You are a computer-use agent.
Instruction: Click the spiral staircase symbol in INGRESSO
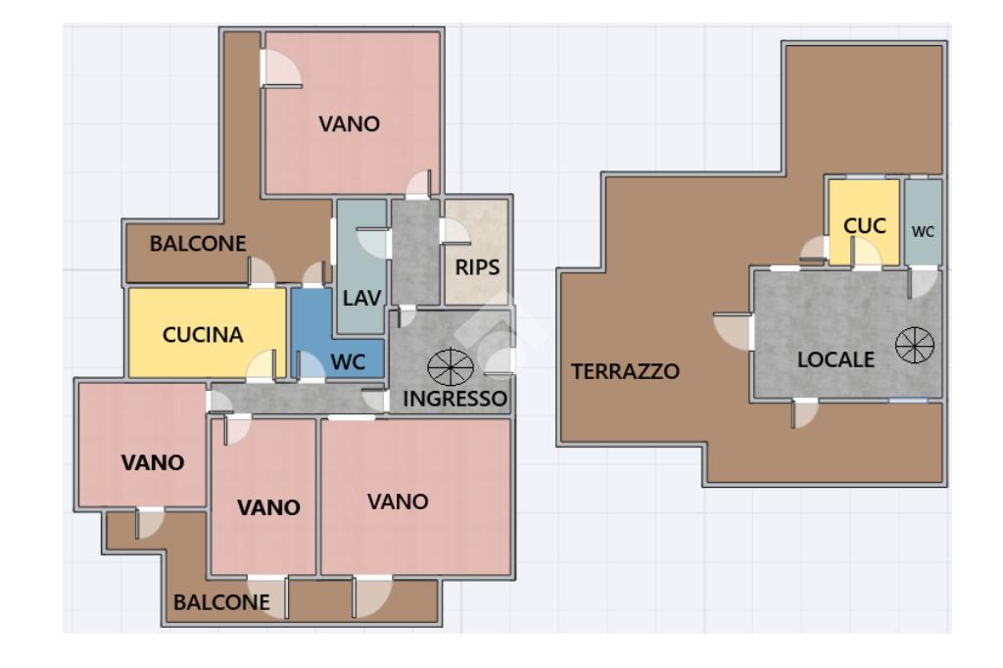(x=451, y=367)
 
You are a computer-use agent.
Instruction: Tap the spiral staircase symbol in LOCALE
(x=915, y=345)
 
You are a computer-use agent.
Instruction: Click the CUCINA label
(x=203, y=335)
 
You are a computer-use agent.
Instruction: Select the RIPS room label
(x=477, y=266)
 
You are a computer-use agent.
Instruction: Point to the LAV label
(x=362, y=298)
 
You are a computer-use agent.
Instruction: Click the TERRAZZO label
(x=625, y=371)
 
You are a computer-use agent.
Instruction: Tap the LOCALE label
(x=836, y=359)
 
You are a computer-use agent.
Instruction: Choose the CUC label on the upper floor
(x=864, y=226)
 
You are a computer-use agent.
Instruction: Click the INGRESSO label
(x=454, y=399)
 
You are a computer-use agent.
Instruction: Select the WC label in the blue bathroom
(x=348, y=362)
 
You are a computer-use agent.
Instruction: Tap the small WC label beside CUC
(x=923, y=231)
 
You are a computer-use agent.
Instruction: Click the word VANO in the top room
(x=350, y=123)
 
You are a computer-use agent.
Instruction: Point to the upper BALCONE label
(x=198, y=243)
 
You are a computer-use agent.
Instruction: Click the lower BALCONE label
(x=221, y=602)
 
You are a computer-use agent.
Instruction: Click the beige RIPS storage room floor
(x=477, y=252)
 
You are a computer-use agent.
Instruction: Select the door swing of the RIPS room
(x=454, y=231)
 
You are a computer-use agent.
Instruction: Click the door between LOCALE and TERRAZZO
(x=733, y=332)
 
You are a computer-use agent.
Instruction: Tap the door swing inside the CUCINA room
(x=261, y=366)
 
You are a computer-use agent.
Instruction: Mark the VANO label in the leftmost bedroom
(x=153, y=462)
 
